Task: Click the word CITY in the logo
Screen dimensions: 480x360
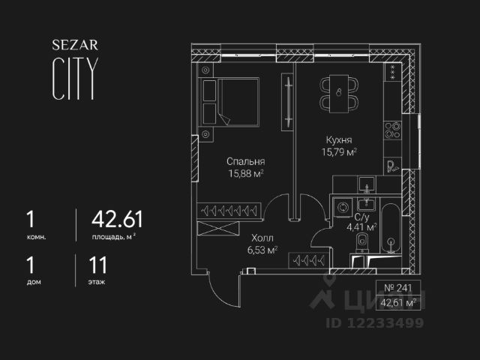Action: click(x=73, y=79)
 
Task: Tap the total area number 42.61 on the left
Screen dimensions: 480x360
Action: click(x=116, y=220)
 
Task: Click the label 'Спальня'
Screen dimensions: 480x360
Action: click(x=246, y=161)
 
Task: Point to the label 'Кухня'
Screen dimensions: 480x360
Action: click(x=339, y=140)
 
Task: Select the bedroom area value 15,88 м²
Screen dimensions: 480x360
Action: click(x=247, y=173)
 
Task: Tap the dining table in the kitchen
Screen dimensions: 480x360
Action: click(x=339, y=93)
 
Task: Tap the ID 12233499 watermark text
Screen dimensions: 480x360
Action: click(x=374, y=322)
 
